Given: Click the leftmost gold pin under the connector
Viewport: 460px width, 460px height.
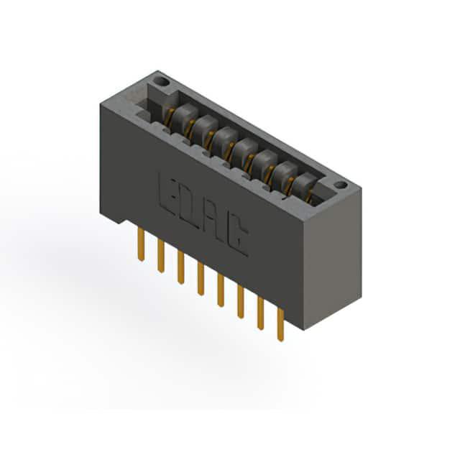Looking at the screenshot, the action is point(141,245).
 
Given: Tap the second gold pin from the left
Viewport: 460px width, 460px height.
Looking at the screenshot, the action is point(161,256).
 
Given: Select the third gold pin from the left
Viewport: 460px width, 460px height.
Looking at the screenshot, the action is point(180,267).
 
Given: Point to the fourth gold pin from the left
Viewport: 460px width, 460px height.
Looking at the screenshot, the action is point(201,279).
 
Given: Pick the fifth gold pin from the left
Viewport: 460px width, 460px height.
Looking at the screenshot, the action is point(221,290).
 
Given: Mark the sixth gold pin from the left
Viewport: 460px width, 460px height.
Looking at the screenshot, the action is point(241,302).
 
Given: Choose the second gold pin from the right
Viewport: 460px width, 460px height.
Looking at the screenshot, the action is point(260,313).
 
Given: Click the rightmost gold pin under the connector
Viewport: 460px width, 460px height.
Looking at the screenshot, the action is point(280,324).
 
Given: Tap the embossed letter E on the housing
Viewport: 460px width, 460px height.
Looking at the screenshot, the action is point(166,193).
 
